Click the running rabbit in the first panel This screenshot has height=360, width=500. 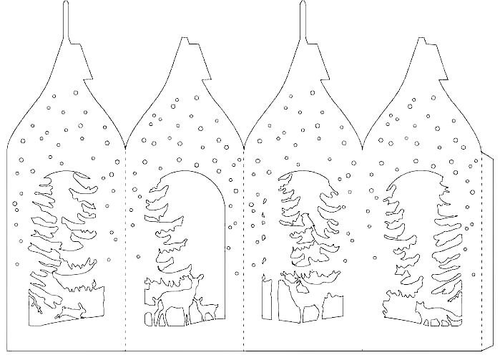coord(69,311)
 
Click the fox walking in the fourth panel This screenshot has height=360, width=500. coord(429,310)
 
